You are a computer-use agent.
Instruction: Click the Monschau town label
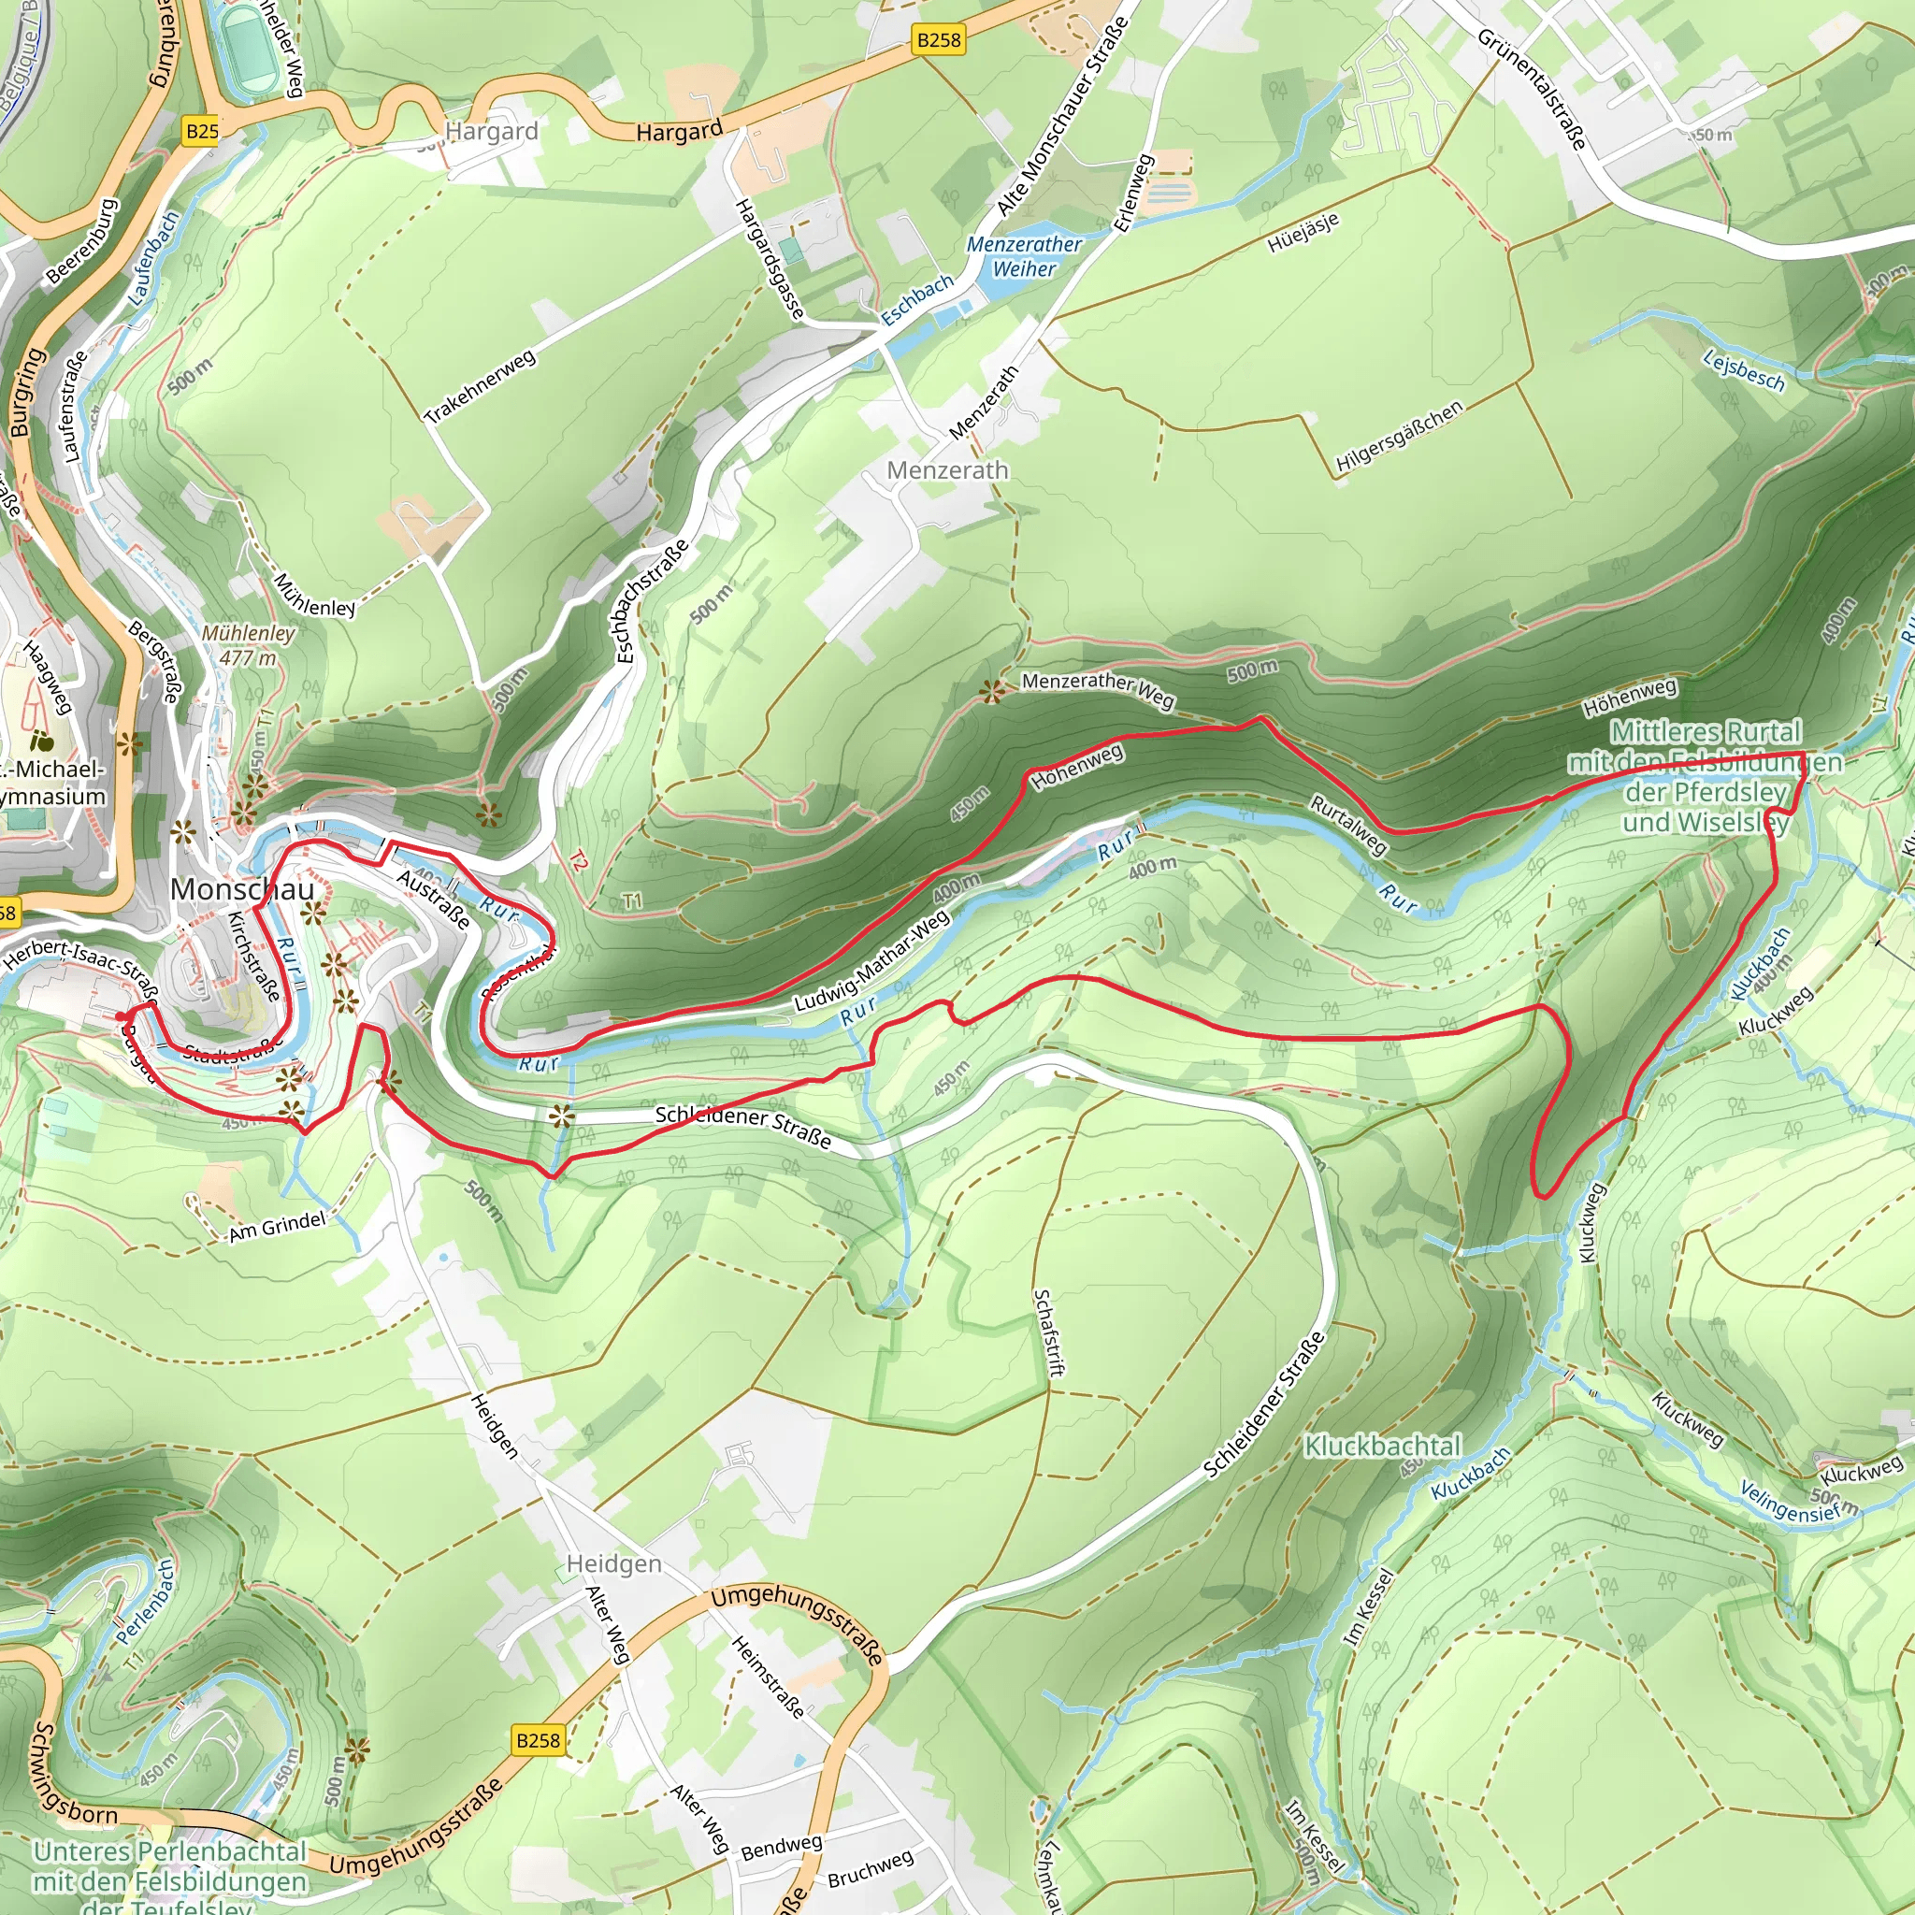click(242, 889)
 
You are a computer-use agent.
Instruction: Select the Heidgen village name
click(613, 1563)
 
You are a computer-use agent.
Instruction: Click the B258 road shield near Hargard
click(938, 39)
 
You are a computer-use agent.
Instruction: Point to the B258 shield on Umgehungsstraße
click(539, 1739)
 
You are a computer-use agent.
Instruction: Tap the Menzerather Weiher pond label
click(1024, 255)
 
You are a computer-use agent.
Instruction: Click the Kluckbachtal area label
click(1382, 1447)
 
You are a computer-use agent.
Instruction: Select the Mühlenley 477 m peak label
click(248, 644)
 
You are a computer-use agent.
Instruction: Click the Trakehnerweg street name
click(481, 385)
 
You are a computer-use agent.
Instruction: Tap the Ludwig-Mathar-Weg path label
click(871, 960)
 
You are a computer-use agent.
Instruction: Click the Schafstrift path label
click(1047, 1332)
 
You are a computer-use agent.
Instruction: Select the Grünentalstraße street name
click(1532, 88)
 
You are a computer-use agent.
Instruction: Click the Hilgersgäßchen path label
click(1399, 436)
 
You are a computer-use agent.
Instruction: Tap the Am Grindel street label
click(277, 1226)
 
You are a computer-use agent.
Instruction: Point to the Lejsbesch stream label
click(1745, 370)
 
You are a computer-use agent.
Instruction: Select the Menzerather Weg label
click(1097, 689)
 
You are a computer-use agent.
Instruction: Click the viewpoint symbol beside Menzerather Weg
click(990, 692)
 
